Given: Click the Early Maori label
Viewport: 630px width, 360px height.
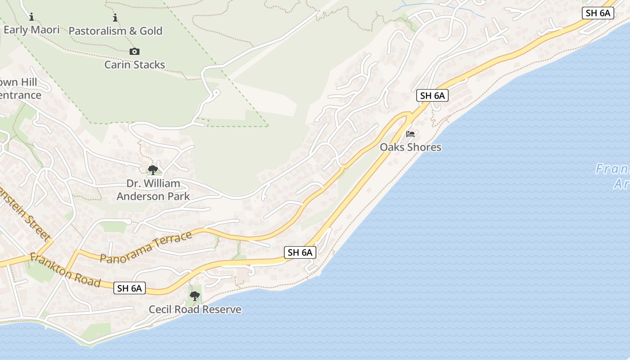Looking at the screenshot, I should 31,30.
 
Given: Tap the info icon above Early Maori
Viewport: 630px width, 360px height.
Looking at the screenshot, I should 31,18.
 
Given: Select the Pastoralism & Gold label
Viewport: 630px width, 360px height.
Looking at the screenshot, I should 115,31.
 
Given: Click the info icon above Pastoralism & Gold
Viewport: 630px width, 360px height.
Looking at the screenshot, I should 115,18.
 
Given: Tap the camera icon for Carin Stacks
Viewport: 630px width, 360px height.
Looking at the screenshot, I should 134,52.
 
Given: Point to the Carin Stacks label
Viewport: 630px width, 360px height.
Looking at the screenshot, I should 135,65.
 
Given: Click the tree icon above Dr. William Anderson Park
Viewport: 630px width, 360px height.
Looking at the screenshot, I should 153,170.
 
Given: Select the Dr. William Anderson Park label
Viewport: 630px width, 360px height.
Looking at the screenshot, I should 153,190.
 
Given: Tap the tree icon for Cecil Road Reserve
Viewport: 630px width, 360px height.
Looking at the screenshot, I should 195,296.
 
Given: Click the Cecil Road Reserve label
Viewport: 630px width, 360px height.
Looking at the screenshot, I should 195,310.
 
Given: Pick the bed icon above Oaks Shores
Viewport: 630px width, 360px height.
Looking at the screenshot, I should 410,134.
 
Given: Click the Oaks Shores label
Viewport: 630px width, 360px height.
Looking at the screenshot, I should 410,147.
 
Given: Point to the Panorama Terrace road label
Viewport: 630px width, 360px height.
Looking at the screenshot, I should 147,247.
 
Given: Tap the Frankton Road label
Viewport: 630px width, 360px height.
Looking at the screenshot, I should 65,270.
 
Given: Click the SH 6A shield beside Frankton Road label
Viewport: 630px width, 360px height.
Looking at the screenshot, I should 130,288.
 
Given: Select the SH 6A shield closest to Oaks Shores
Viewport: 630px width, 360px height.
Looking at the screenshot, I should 432,95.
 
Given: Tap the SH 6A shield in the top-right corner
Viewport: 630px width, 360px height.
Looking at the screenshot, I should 598,13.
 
